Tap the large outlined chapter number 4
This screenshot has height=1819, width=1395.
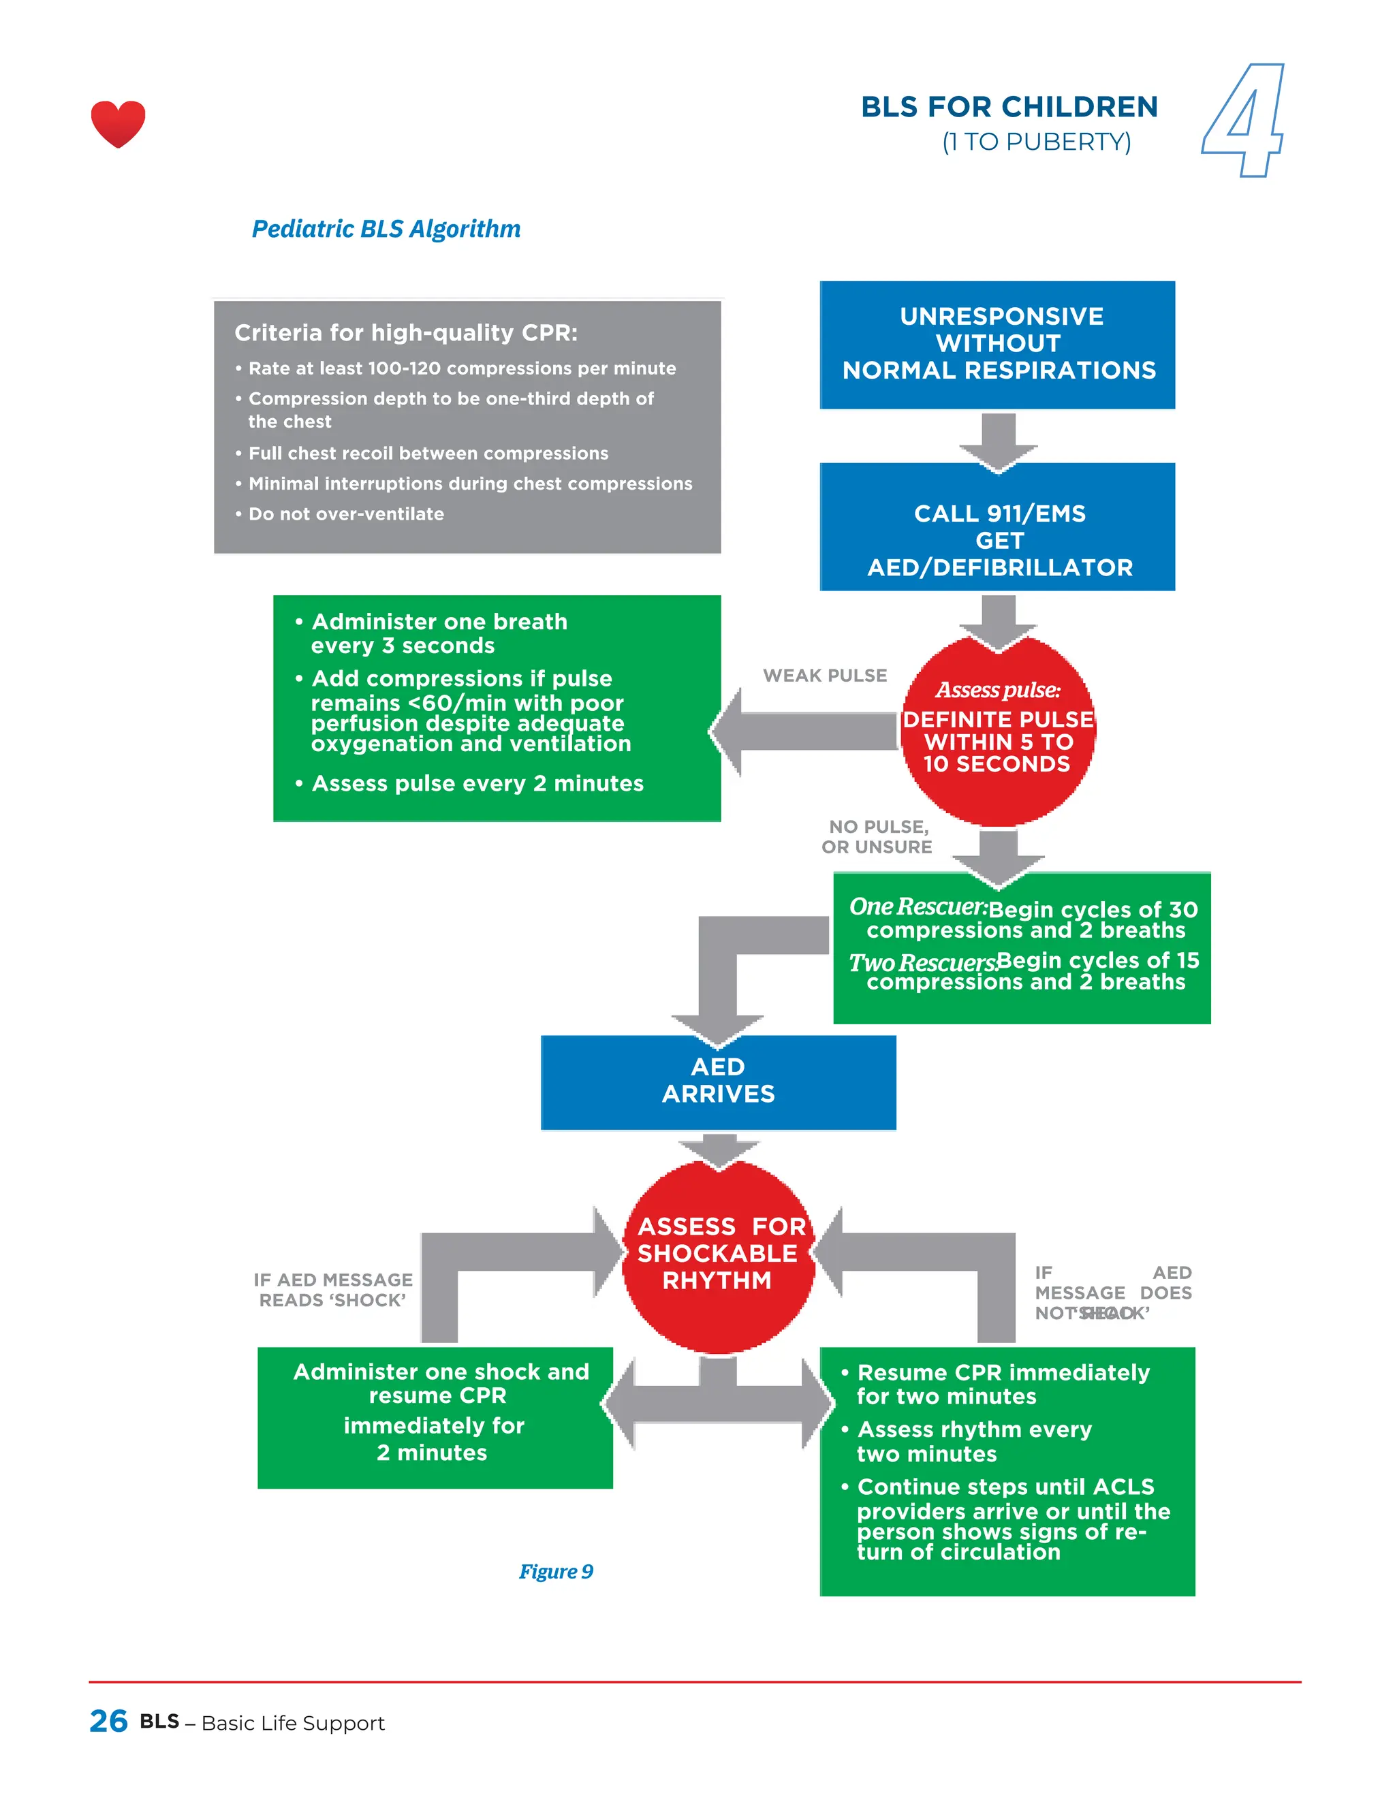click(1243, 121)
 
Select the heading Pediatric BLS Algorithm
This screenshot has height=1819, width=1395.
click(386, 228)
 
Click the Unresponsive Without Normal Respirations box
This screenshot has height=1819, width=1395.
click(997, 344)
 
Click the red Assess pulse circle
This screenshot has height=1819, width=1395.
click(997, 731)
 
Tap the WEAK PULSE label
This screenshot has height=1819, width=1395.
click(825, 676)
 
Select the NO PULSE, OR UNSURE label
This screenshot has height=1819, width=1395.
click(877, 837)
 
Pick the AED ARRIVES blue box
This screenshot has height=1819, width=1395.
click(718, 1081)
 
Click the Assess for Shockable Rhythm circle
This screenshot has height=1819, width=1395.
click(718, 1254)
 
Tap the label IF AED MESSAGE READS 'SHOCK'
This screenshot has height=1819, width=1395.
click(332, 1290)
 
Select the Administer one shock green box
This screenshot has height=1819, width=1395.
click(435, 1417)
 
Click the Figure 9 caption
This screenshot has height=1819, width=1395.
click(556, 1572)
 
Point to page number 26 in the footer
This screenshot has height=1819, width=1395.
click(108, 1721)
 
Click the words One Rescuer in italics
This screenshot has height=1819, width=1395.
click(917, 906)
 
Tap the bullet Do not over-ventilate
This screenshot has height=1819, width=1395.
click(345, 514)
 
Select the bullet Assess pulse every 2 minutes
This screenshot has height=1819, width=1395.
click(477, 784)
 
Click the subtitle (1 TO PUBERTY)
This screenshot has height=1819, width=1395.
click(1036, 142)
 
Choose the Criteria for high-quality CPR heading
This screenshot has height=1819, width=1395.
click(405, 333)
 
